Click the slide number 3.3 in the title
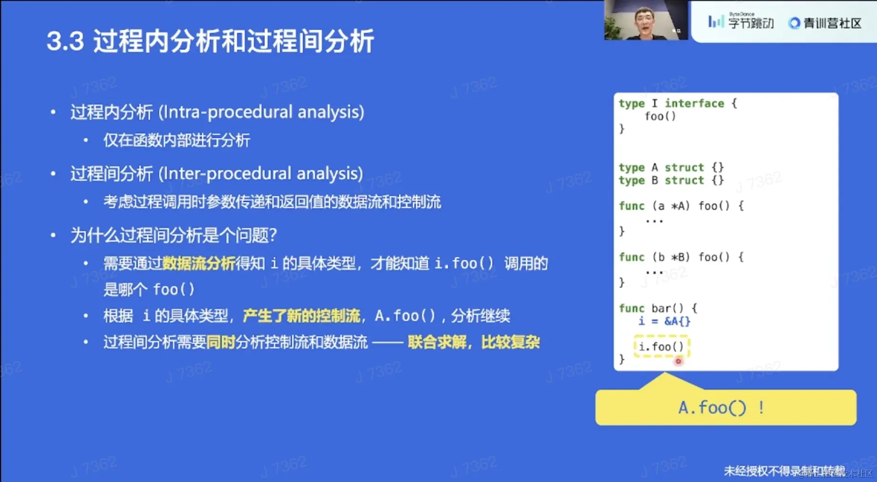pyautogui.click(x=65, y=41)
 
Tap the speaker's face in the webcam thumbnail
pyautogui.click(x=644, y=21)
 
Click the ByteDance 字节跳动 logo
pyautogui.click(x=741, y=22)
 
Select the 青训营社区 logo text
pyautogui.click(x=826, y=23)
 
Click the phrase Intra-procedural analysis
pyautogui.click(x=261, y=112)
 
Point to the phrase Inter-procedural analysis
pyautogui.click(x=260, y=174)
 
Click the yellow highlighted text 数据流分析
pyautogui.click(x=199, y=263)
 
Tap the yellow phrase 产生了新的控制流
pyautogui.click(x=301, y=315)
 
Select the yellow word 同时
pyautogui.click(x=220, y=342)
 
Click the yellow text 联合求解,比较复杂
pyautogui.click(x=473, y=342)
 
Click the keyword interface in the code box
pyautogui.click(x=694, y=103)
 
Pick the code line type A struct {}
pyautogui.click(x=671, y=167)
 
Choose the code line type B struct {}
pyautogui.click(x=671, y=180)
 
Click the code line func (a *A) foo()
pyautogui.click(x=680, y=206)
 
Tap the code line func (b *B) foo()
pyautogui.click(x=680, y=257)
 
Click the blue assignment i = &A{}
pyautogui.click(x=664, y=321)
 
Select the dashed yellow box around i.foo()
pyautogui.click(x=661, y=347)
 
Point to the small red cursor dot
pyautogui.click(x=678, y=361)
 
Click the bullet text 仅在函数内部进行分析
pyautogui.click(x=176, y=140)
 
